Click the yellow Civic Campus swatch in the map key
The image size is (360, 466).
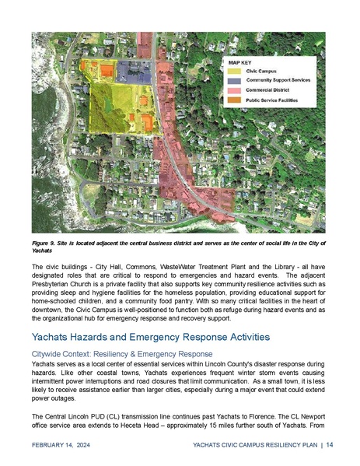[x=235, y=72]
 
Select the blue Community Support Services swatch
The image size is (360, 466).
[x=235, y=81]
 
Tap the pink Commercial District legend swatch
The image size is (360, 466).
[x=235, y=91]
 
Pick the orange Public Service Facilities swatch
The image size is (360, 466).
[x=235, y=100]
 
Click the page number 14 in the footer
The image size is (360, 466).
[x=330, y=444]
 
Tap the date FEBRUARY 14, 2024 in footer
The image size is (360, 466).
[x=58, y=445]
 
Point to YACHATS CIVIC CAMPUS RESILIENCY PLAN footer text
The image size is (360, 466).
[x=256, y=445]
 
